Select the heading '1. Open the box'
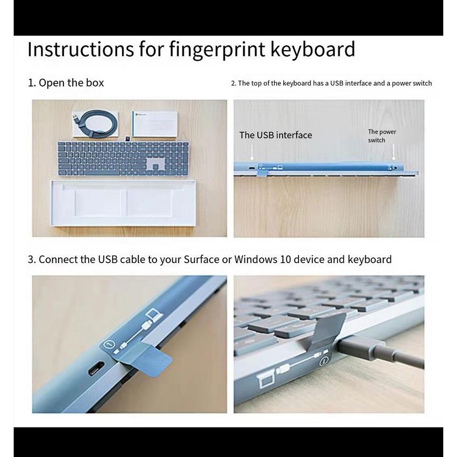pos(66,83)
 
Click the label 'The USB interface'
pos(275,135)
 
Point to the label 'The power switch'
pos(381,136)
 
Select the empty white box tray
pos(123,203)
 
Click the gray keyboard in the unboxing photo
pos(122,158)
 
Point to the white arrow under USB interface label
pos(253,153)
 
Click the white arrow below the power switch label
pos(394,153)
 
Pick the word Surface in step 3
pos(201,259)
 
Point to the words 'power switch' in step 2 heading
pos(412,83)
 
